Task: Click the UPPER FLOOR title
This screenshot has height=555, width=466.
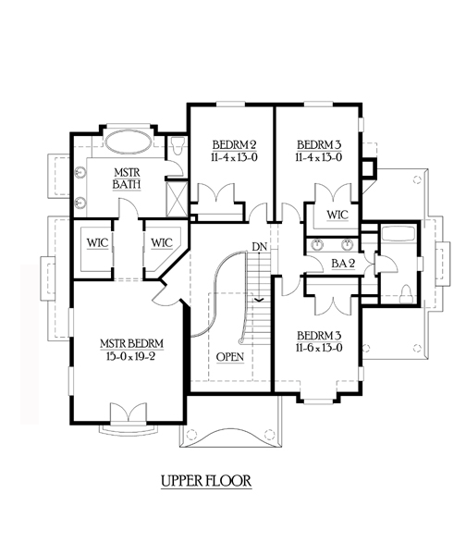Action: click(x=206, y=481)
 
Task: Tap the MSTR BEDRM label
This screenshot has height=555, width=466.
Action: click(x=131, y=344)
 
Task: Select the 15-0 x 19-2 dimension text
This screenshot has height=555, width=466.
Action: click(x=130, y=356)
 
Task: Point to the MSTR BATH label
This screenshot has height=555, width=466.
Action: click(x=127, y=179)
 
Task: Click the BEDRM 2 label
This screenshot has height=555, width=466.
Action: click(x=234, y=145)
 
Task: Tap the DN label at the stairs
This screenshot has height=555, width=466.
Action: click(x=260, y=247)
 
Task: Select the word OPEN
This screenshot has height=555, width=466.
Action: click(x=230, y=357)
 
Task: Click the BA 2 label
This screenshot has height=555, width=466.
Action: click(x=343, y=264)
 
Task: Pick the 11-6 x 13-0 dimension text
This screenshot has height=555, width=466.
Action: click(x=319, y=348)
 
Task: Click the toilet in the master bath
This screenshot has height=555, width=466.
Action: click(x=177, y=146)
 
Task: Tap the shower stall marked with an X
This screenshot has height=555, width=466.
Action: click(x=177, y=199)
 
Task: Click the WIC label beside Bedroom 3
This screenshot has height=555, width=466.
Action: click(x=337, y=215)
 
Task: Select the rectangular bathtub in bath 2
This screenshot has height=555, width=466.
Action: click(x=399, y=234)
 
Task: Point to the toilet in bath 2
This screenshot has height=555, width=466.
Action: click(x=406, y=294)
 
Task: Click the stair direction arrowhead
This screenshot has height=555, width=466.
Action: click(x=260, y=300)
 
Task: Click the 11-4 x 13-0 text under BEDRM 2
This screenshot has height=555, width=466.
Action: click(x=234, y=157)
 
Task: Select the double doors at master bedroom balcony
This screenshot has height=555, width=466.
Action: click(x=129, y=412)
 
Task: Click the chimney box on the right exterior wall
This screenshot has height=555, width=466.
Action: click(x=368, y=167)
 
